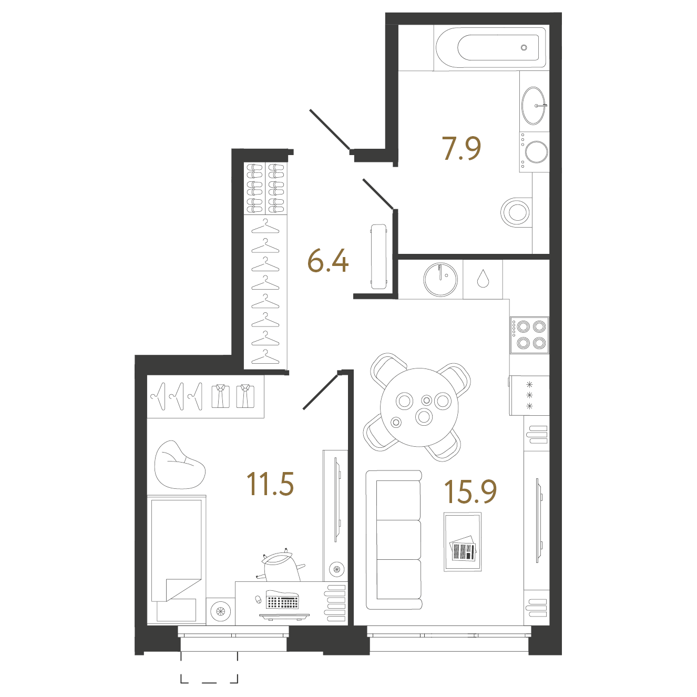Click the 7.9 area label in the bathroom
pyautogui.click(x=461, y=148)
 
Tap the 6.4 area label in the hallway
pyautogui.click(x=327, y=260)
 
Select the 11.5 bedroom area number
pyautogui.click(x=270, y=484)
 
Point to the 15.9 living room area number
pyautogui.click(x=470, y=491)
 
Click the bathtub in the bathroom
pyautogui.click(x=491, y=48)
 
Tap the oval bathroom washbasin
pyautogui.click(x=534, y=106)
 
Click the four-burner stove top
pyautogui.click(x=529, y=335)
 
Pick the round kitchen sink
pyautogui.click(x=440, y=280)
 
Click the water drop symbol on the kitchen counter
pyautogui.click(x=483, y=279)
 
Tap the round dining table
pyautogui.click(x=419, y=407)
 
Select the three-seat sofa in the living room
pyautogui.click(x=394, y=540)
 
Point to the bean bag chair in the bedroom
pyautogui.click(x=179, y=465)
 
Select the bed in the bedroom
pyautogui.click(x=177, y=560)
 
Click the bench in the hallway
pyautogui.click(x=379, y=257)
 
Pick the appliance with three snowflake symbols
pyautogui.click(x=529, y=395)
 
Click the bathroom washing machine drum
pyautogui.click(x=536, y=152)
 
